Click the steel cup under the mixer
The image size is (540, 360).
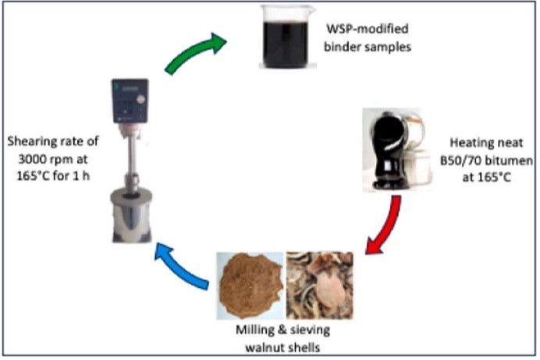click(128, 211)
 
